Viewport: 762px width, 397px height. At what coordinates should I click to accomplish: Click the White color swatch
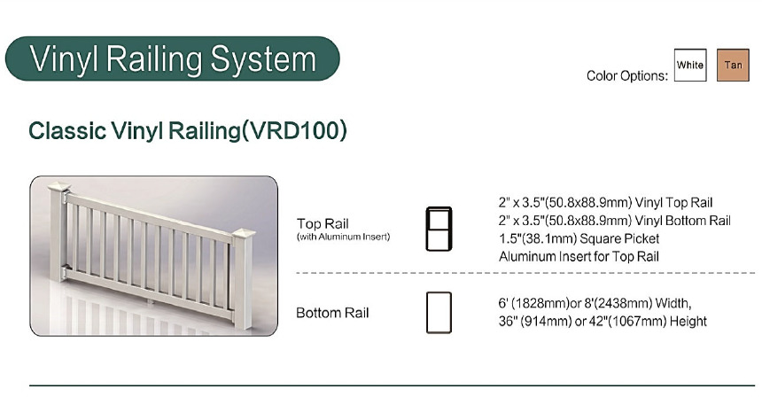(x=690, y=65)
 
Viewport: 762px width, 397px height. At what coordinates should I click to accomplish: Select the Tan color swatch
(x=733, y=65)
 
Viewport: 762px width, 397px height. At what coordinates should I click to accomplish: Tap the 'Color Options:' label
(x=627, y=76)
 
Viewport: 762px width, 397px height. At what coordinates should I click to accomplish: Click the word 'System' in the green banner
(x=263, y=59)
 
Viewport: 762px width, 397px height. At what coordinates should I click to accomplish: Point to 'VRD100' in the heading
(x=294, y=130)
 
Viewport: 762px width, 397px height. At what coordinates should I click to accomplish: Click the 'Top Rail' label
(x=323, y=224)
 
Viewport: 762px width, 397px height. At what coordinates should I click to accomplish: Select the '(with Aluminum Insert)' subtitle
(x=343, y=237)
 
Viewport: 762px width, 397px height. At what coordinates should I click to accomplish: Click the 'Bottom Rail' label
(x=332, y=313)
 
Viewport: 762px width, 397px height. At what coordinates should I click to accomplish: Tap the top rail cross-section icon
(x=439, y=229)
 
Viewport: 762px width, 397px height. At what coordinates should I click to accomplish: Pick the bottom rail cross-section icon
(x=439, y=313)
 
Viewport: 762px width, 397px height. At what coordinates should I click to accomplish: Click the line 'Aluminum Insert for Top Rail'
(x=579, y=257)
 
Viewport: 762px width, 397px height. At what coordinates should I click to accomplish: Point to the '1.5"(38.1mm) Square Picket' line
(x=579, y=238)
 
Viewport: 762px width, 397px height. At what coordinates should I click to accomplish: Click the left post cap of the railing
(x=58, y=186)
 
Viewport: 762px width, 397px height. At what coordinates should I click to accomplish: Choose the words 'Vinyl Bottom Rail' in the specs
(x=683, y=221)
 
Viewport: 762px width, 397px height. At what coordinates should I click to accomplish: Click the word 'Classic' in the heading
(x=67, y=131)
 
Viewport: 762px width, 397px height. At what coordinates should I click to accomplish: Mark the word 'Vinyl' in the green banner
(x=64, y=60)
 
